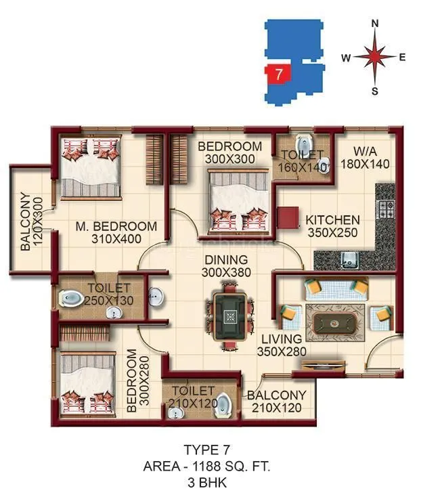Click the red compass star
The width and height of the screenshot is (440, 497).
[375, 58]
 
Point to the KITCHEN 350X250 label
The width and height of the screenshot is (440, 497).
[332, 226]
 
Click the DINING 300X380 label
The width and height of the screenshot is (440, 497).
[226, 266]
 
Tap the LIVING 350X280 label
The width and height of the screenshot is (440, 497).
[282, 345]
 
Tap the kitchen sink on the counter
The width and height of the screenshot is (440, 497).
[349, 258]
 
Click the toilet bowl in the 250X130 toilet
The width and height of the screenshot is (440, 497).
[72, 297]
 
